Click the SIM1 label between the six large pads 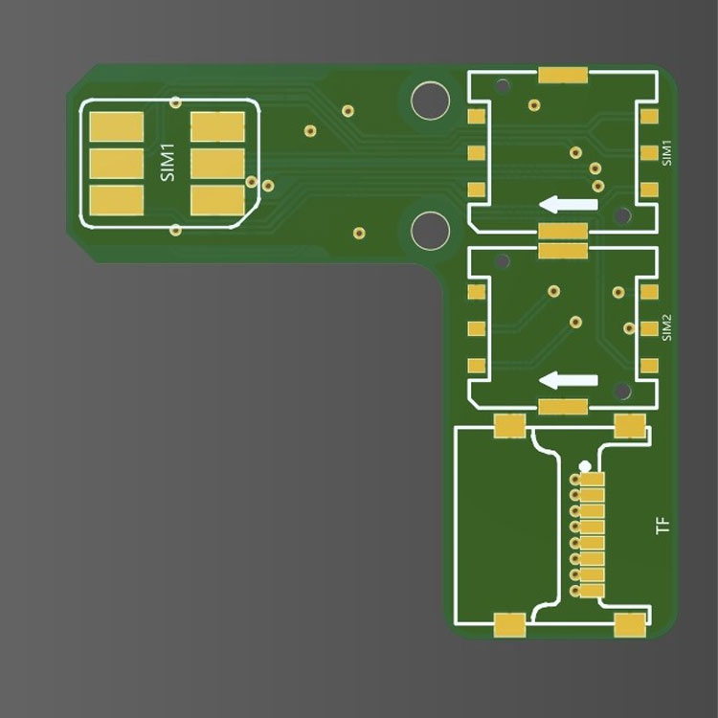[168, 163]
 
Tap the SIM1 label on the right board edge [666, 153]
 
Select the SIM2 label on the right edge [666, 327]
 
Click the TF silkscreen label [663, 525]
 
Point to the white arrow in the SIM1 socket [569, 204]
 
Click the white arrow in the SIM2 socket [569, 380]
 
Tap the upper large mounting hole [430, 101]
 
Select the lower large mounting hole [430, 231]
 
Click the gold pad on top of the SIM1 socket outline [563, 75]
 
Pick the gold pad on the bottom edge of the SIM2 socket [563, 407]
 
